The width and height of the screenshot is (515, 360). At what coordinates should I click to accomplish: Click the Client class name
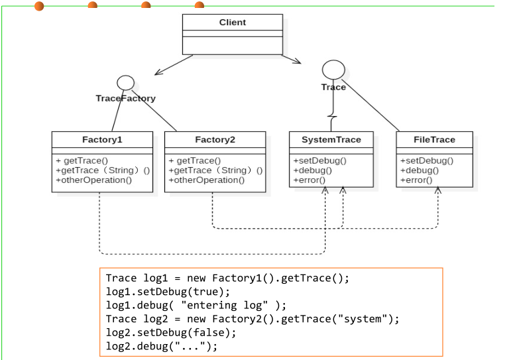[x=232, y=23]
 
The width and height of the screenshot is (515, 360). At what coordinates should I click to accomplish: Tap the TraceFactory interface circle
[x=125, y=83]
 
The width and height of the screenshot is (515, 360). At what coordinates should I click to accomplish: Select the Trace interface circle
[x=333, y=69]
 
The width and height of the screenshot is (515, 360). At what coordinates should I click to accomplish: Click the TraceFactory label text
[x=125, y=98]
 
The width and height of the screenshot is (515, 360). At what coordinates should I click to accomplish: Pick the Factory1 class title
[x=102, y=140]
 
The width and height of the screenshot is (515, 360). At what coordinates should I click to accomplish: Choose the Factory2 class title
[x=215, y=140]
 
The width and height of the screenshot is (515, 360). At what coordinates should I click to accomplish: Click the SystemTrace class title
[x=331, y=140]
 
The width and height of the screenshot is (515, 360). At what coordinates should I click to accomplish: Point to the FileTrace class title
[x=434, y=140]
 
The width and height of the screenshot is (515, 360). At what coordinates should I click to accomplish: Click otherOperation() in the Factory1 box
[x=94, y=180]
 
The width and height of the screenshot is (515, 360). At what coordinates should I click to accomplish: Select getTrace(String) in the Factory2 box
[x=215, y=170]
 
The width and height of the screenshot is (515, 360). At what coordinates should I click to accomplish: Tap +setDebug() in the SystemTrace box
[x=319, y=160]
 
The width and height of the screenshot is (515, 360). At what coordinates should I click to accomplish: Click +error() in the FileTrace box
[x=416, y=180]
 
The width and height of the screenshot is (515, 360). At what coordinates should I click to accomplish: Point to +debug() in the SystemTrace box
[x=312, y=170]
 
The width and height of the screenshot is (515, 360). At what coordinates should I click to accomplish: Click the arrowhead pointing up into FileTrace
[x=437, y=191]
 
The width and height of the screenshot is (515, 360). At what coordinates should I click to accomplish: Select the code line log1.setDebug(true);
[x=168, y=292]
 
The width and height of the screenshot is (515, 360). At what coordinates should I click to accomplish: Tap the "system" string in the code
[x=358, y=319]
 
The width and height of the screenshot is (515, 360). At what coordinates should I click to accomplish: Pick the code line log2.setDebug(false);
[x=170, y=333]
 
